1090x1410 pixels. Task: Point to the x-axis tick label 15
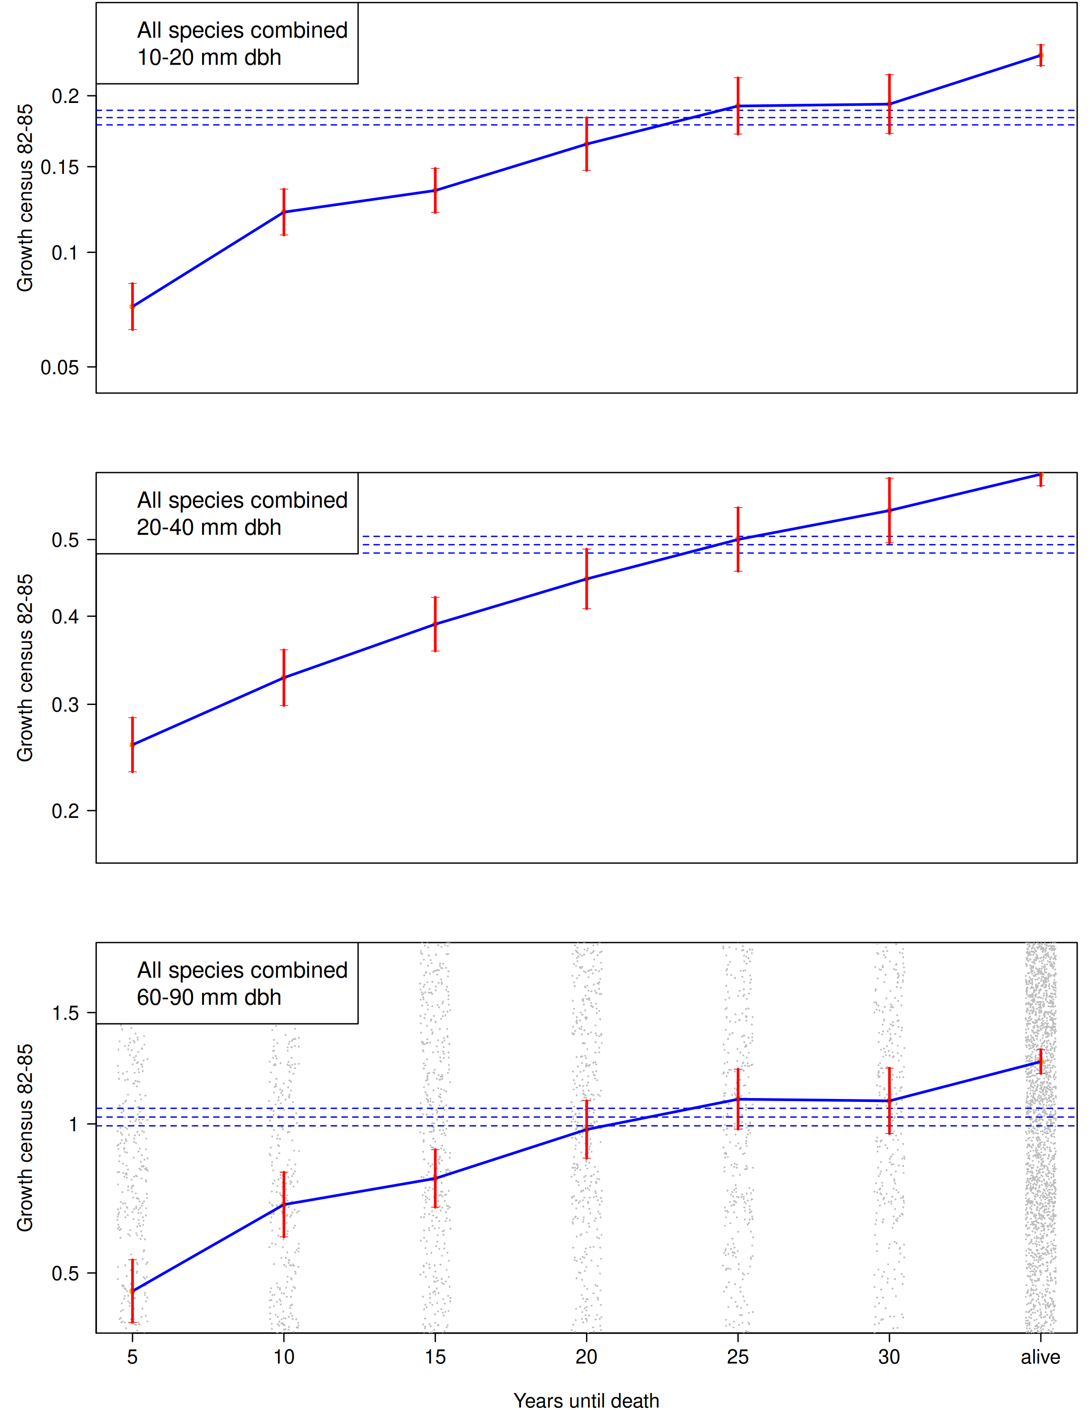435,1357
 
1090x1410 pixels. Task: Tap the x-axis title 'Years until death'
586,1400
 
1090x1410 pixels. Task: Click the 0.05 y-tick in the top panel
59,367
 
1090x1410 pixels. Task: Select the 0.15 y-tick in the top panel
59,167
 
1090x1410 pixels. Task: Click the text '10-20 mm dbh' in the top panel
209,57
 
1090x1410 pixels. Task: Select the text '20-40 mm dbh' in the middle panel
209,527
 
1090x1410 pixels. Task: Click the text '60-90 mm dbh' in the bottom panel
209,997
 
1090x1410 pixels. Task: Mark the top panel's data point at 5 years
133,307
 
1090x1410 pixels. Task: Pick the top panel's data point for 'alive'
1040,56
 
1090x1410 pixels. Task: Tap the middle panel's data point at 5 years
133,745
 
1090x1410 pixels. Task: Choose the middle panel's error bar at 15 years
435,624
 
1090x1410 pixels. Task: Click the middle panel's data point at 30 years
889,511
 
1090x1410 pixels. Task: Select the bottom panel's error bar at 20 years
586,1129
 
